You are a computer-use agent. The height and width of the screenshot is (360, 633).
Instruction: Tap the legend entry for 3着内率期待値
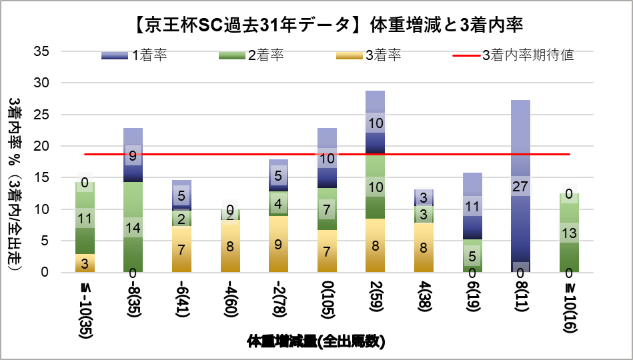point(527,55)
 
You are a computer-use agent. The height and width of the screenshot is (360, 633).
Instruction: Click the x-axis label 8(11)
point(520,301)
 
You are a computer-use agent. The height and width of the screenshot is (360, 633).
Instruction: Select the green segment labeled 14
point(133,227)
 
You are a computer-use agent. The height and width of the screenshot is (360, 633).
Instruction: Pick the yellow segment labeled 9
point(278,244)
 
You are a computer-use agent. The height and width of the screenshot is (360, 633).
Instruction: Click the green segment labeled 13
point(568,233)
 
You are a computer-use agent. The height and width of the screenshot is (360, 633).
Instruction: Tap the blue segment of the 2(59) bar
point(375,123)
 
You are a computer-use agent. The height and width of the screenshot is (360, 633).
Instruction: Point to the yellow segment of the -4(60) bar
point(230,246)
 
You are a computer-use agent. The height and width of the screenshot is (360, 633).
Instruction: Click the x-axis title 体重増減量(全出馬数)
point(316,342)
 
